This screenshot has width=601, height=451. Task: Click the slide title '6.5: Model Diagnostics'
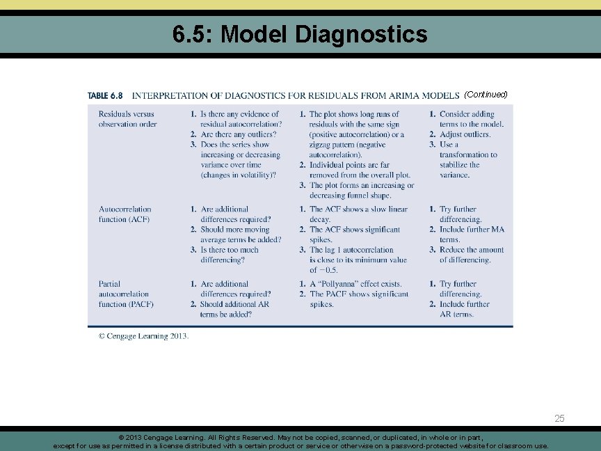(x=300, y=33)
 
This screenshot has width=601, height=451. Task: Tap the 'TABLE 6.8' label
(x=105, y=95)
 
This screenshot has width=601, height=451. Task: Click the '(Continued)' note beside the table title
(x=486, y=94)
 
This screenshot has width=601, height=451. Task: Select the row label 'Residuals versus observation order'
(x=128, y=119)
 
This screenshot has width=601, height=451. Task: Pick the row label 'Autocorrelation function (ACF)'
(x=125, y=214)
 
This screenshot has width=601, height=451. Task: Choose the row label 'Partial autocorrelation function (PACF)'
(x=126, y=294)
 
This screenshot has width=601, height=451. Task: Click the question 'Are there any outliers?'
(x=238, y=134)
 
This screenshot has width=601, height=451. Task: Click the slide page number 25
(x=560, y=418)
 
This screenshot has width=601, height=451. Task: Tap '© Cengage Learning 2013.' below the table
(x=143, y=336)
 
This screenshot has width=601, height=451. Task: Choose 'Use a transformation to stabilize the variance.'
(x=467, y=159)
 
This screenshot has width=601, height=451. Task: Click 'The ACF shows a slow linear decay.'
(x=358, y=214)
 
